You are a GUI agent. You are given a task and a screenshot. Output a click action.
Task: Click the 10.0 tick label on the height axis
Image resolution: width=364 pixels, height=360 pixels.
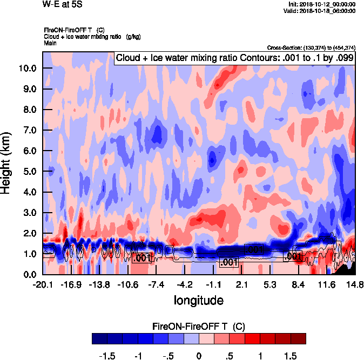(x=27, y=69)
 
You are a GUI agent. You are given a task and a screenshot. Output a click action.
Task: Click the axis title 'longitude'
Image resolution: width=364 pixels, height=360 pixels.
(x=198, y=300)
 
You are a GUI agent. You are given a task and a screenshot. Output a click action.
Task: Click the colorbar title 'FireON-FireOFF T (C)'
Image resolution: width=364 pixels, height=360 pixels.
(x=199, y=327)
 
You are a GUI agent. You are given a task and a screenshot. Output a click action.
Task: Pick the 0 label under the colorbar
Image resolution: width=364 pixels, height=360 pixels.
(x=199, y=356)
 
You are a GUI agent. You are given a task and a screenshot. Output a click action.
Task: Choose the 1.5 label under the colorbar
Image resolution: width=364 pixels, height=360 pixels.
(x=291, y=356)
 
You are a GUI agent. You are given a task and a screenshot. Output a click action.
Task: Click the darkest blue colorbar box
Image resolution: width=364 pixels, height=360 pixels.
(x=99, y=338)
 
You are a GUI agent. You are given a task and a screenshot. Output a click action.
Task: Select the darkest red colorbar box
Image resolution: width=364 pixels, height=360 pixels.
(x=298, y=338)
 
